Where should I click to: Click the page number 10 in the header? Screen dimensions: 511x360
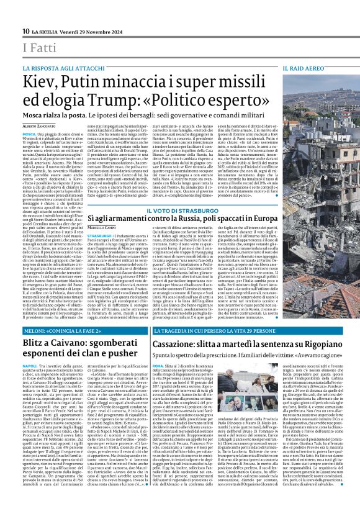[x=26, y=31]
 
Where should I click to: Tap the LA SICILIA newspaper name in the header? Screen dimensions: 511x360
[x=46, y=32]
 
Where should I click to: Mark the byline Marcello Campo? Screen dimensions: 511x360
[x=102, y=228]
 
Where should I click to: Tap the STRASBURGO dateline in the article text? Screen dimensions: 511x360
[x=100, y=235]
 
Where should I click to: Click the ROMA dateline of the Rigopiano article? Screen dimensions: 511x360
[x=159, y=366]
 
